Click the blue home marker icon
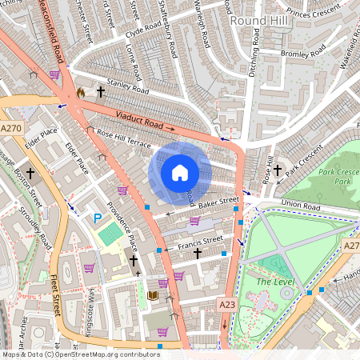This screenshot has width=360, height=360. tap(180, 172)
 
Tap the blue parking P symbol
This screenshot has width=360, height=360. tap(98, 218)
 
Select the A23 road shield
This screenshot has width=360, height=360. tap(227, 304)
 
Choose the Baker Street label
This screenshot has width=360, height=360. tap(219, 204)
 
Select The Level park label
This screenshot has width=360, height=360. tap(276, 282)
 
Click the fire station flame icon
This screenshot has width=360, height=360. tap(80, 93)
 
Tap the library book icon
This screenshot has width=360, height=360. tap(152, 296)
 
